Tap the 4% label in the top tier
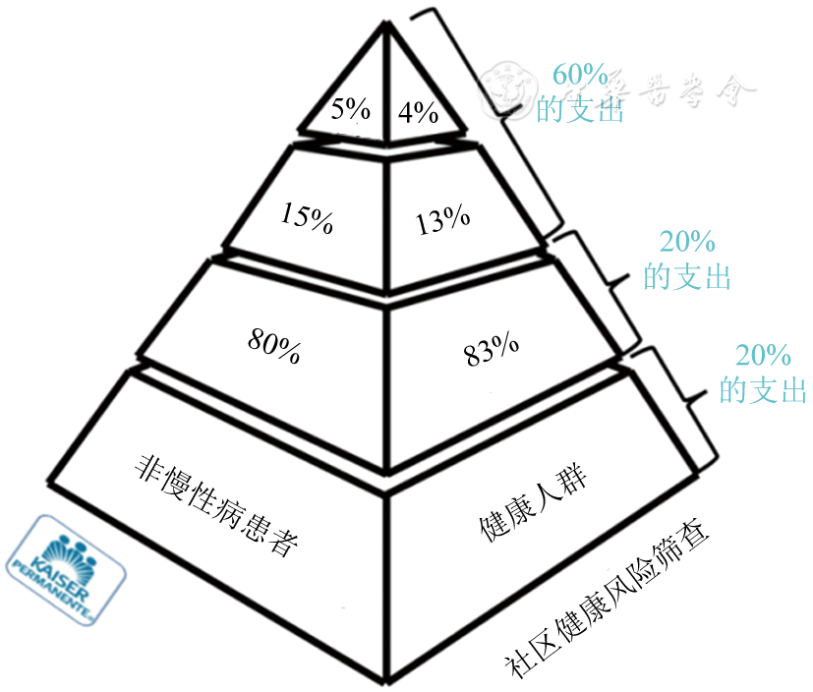coord(418,112)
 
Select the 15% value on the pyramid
coord(306,216)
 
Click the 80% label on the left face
coord(274,345)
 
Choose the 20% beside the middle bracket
coord(688,243)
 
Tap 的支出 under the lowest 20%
coord(763,390)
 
